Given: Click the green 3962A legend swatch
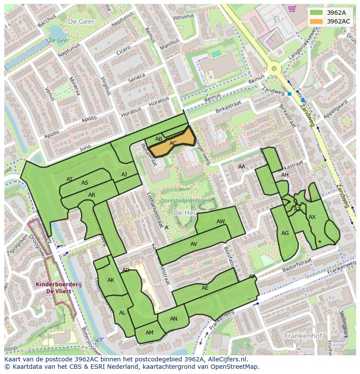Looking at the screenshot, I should click(316, 13).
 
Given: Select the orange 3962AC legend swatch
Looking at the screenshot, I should click(316, 21).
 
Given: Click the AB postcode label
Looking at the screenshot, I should click(159, 139).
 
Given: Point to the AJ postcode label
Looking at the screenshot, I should click(124, 175).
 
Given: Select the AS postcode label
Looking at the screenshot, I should click(85, 183).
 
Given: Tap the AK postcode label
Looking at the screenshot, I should click(110, 280).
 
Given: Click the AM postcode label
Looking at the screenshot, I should click(150, 333).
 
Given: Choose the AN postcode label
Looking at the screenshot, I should click(173, 319).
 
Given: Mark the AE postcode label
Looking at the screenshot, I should click(205, 288).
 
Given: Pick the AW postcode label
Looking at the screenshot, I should click(220, 222).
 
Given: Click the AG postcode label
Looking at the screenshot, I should click(285, 233).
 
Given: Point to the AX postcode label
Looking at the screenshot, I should click(312, 217).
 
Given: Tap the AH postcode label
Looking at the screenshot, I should click(285, 175).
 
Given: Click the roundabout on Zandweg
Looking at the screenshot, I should click(274, 68).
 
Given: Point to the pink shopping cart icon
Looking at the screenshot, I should click(292, 8).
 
